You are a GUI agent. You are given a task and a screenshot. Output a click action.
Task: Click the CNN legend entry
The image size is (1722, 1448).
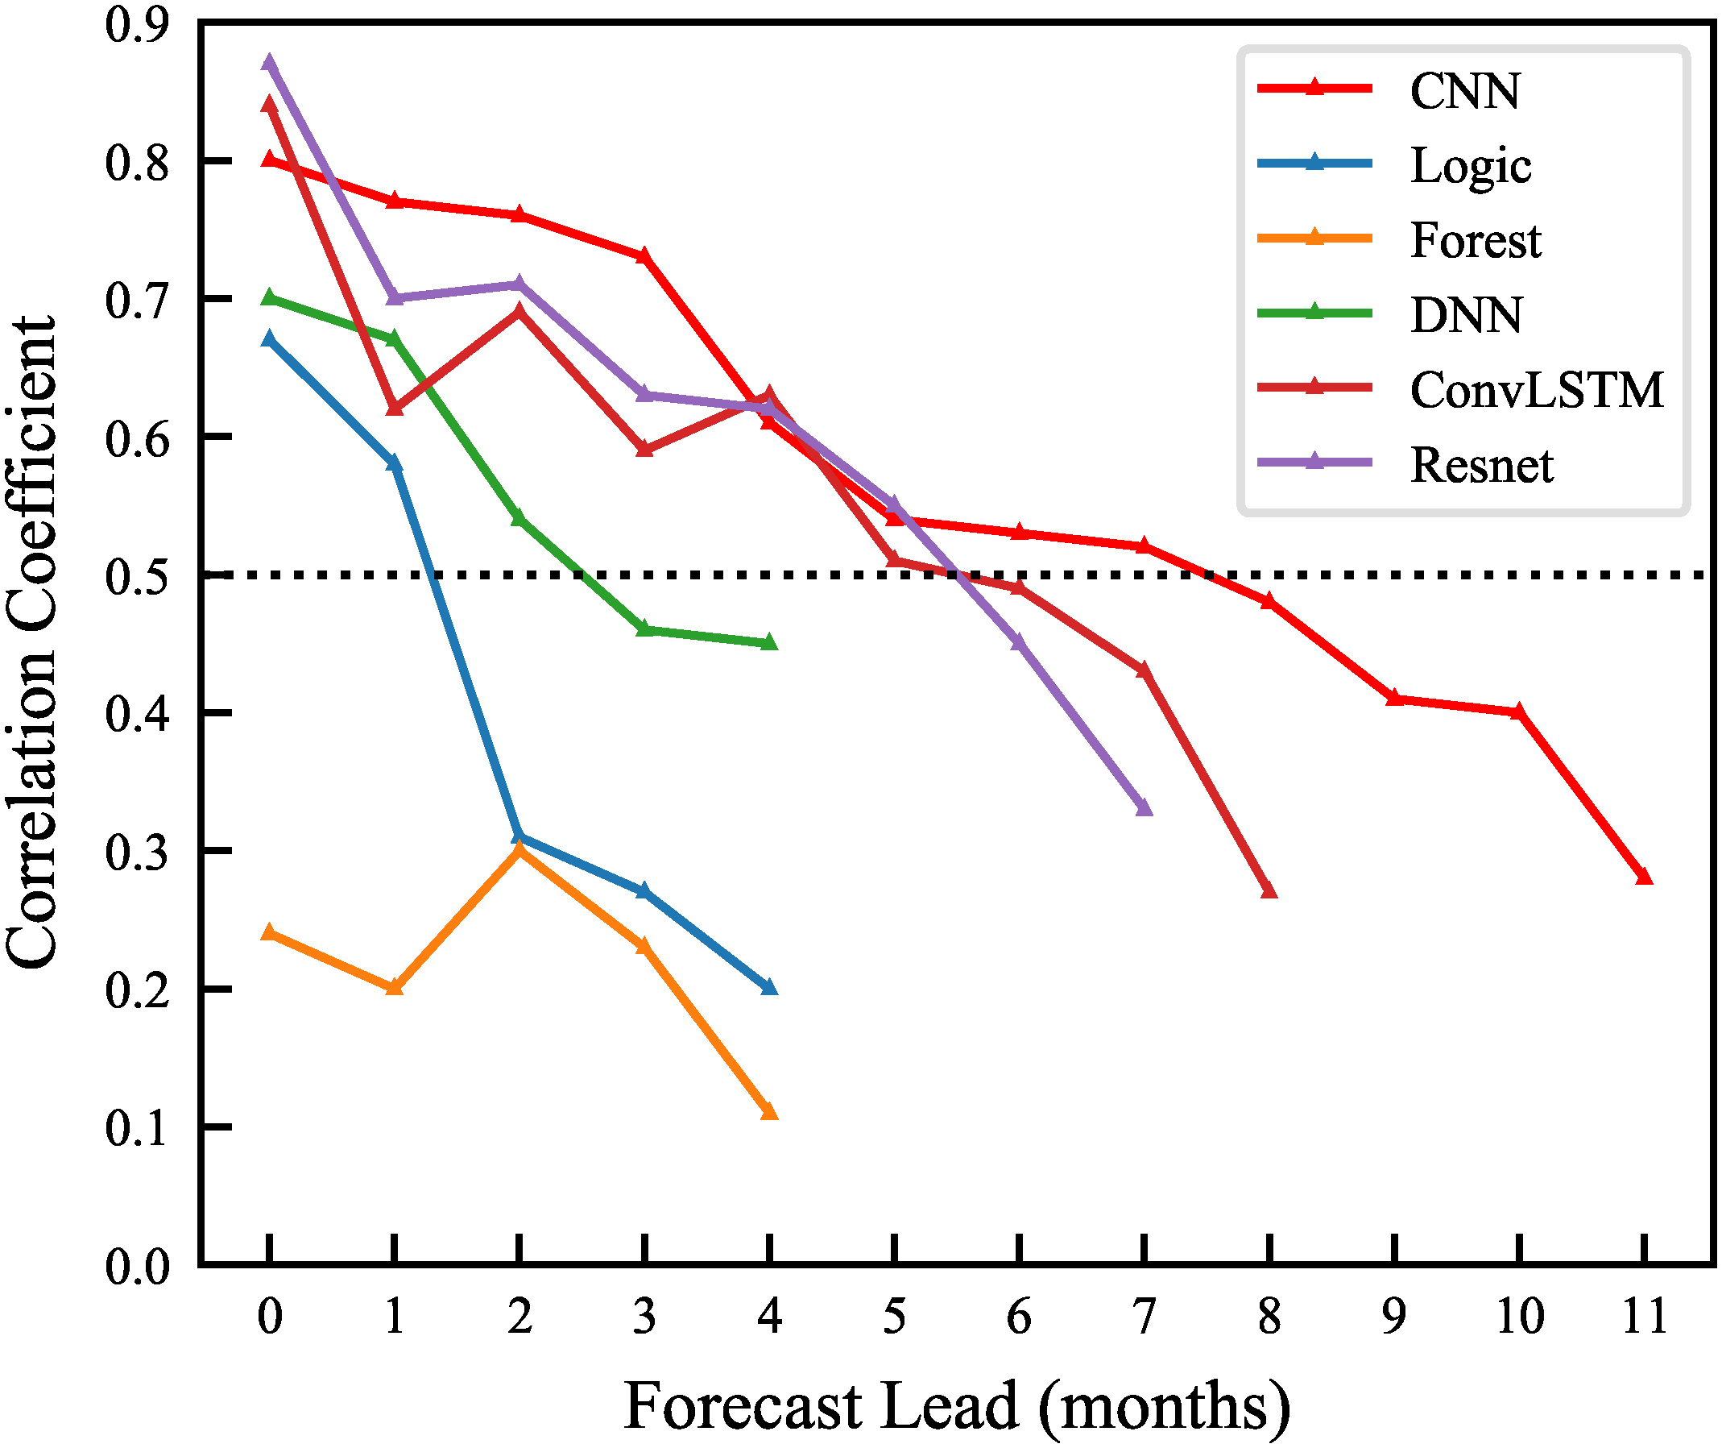[1464, 90]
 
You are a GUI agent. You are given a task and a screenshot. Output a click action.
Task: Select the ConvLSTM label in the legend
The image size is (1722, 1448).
[1537, 389]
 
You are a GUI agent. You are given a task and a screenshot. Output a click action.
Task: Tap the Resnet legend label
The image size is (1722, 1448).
[1482, 466]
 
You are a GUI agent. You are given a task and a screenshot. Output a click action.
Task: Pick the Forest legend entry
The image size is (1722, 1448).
[1476, 240]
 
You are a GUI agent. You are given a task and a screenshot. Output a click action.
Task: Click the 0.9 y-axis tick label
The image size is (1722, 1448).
[137, 25]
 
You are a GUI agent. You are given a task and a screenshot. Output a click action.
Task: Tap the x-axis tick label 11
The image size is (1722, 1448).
[1644, 1317]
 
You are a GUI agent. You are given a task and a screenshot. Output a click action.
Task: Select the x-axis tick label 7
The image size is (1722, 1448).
[1144, 1317]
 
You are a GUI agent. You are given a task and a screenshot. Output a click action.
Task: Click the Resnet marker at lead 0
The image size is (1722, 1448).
[269, 63]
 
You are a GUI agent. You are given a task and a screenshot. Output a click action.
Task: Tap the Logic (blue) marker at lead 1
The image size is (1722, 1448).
[394, 464]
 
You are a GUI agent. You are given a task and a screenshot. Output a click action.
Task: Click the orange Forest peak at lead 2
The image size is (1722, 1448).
[519, 849]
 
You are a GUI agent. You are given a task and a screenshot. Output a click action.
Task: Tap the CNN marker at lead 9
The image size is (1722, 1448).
[1393, 699]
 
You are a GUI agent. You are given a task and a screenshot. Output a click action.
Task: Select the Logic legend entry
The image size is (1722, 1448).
[1470, 166]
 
